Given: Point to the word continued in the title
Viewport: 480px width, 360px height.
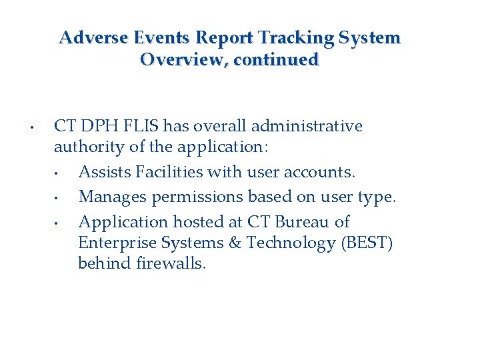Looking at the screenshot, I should point(277,59).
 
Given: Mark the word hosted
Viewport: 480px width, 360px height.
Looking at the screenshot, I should point(194,221).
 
